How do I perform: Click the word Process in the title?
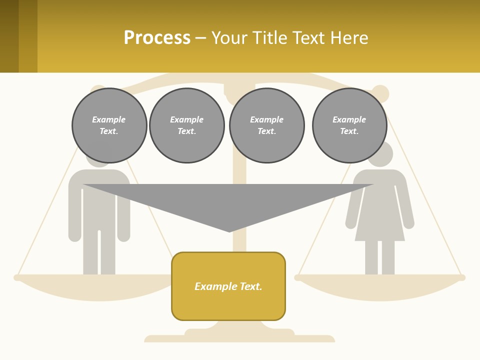(x=157, y=38)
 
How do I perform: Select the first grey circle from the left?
(x=109, y=125)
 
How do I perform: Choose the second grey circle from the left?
(x=187, y=125)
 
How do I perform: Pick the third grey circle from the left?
(x=266, y=125)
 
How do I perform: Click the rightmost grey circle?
(x=349, y=125)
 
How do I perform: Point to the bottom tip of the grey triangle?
(x=229, y=230)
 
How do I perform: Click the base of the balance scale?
(x=239, y=336)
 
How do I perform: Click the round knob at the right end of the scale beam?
(x=380, y=93)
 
